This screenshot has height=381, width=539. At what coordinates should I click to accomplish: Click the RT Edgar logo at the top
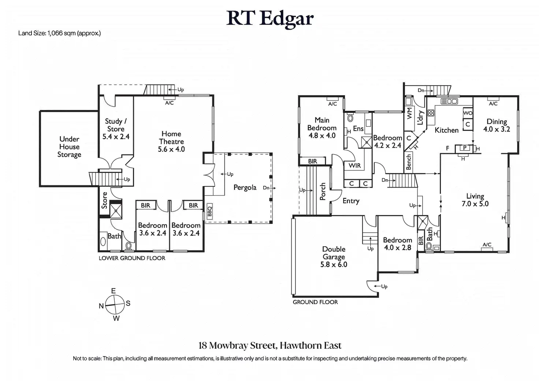[x=270, y=19]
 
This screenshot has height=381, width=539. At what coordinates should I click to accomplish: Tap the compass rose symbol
[x=115, y=305]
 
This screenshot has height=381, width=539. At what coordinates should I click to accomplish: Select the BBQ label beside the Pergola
[x=209, y=211]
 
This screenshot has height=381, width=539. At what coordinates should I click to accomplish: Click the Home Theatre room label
[x=171, y=138]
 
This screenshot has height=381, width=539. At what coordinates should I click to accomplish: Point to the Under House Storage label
[x=69, y=147]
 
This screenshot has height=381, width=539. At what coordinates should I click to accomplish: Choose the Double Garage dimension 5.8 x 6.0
[x=334, y=265]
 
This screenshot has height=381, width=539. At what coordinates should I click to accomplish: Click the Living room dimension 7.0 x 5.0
[x=475, y=204]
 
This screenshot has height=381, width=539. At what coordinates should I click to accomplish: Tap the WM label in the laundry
[x=409, y=113]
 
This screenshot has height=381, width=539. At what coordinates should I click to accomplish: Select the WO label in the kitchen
[x=468, y=113]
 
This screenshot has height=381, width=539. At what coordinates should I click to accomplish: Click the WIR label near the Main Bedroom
[x=355, y=166]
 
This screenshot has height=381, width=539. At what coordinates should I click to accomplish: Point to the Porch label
[x=323, y=192]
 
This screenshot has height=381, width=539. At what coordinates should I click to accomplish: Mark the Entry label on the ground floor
[x=351, y=201]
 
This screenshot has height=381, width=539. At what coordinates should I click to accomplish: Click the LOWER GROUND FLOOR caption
[x=132, y=258]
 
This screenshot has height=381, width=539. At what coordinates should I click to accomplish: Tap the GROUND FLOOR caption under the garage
[x=315, y=302]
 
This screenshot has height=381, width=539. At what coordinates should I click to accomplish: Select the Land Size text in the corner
[x=59, y=33]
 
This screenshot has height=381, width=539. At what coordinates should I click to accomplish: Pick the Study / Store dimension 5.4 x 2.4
[x=116, y=137]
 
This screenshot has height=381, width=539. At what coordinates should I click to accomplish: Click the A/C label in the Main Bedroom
[x=332, y=104]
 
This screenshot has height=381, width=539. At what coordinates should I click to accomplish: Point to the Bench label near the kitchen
[x=409, y=162]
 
